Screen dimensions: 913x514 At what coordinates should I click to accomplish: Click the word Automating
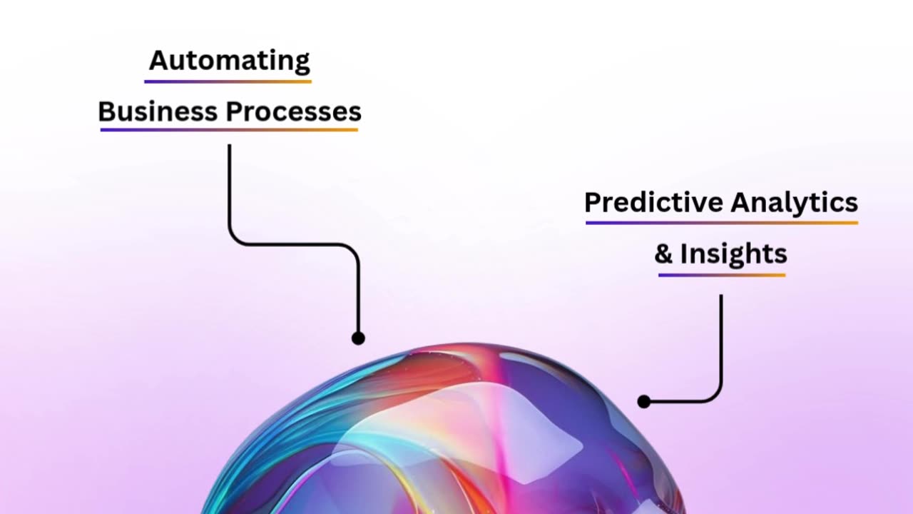[230, 61]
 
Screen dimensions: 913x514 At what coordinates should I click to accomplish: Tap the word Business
[158, 111]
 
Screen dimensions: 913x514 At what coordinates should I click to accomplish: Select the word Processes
[293, 111]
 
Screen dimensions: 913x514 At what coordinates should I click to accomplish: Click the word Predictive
[653, 202]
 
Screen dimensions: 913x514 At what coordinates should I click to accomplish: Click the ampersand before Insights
[663, 253]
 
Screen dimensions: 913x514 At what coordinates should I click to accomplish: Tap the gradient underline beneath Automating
[228, 81]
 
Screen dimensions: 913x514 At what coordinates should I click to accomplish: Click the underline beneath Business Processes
[229, 130]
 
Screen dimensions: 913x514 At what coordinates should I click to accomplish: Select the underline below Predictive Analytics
[722, 223]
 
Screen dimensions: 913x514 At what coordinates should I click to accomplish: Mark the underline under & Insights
[722, 276]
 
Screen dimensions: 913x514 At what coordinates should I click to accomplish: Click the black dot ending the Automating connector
[358, 338]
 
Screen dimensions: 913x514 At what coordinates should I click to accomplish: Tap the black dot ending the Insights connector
[644, 401]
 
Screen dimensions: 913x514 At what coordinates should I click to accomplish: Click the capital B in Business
[107, 111]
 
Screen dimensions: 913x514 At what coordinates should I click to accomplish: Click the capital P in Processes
[234, 111]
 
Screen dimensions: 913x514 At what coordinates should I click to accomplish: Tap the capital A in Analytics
[740, 202]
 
